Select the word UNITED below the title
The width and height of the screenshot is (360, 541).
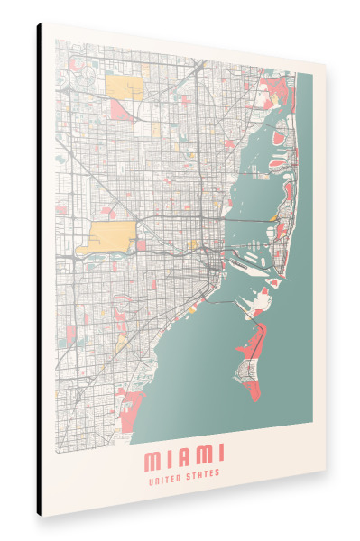point(167,472)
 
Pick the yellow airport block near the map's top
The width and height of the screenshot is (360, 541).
point(124,87)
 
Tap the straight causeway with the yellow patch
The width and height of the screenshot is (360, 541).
point(253,219)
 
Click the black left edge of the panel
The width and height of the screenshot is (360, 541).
point(40,270)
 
